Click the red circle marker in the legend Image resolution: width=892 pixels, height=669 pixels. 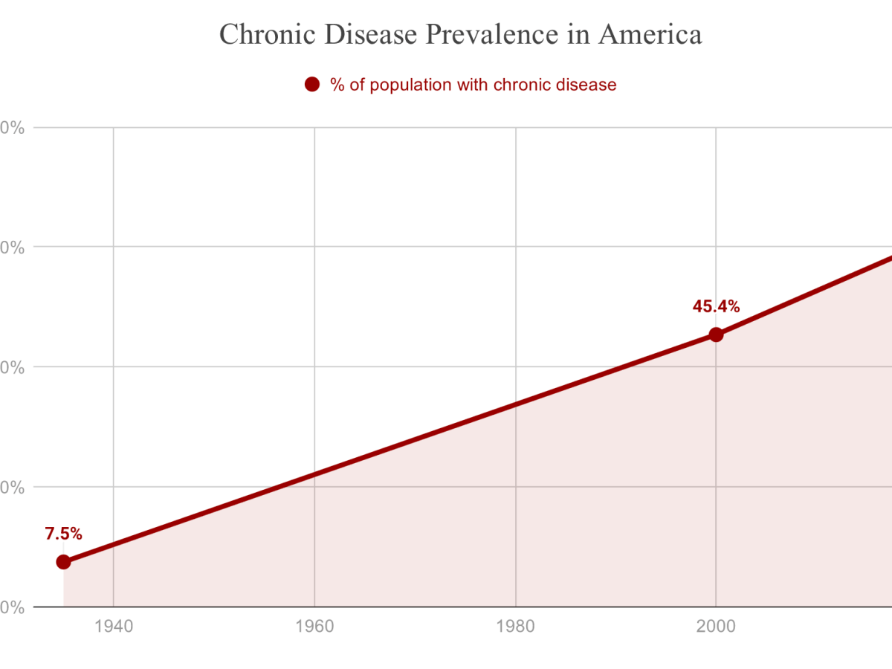pos(311,85)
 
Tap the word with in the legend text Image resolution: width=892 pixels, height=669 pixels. pos(471,85)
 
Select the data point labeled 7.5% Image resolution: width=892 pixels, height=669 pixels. pos(63,561)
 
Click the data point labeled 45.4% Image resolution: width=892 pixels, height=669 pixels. pos(716,334)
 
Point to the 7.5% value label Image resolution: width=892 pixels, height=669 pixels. pos(63,534)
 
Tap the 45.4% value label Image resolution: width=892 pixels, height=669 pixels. pos(716,306)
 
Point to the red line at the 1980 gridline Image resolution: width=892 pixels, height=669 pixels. pos(515,404)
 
